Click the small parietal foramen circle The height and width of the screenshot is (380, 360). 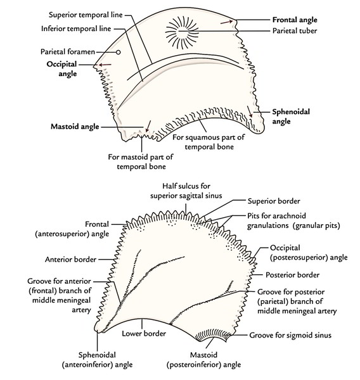[x=118, y=52]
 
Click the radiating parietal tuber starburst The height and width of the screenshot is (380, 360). [x=182, y=32]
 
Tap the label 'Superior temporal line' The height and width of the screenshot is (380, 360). [x=86, y=15]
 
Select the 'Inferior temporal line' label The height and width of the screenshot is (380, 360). [x=76, y=28]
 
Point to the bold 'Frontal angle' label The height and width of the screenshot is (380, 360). [x=295, y=20]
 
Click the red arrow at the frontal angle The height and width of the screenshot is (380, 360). [x=226, y=22]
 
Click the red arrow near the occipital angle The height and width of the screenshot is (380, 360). [x=105, y=65]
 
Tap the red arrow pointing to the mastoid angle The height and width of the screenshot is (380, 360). [x=148, y=126]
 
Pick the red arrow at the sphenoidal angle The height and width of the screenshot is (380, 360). [x=250, y=111]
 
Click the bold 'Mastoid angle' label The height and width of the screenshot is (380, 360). [x=75, y=127]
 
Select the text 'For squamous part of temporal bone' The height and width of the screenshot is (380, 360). [x=209, y=142]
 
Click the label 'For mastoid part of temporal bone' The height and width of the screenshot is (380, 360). [x=141, y=161]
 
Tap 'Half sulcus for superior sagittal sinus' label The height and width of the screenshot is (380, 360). [x=186, y=191]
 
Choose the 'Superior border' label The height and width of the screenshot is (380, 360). [x=274, y=201]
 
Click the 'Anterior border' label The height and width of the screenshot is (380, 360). [x=70, y=260]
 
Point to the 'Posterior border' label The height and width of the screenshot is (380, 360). [x=292, y=275]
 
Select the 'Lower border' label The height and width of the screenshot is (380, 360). [x=144, y=334]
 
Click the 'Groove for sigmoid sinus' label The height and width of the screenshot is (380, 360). [x=290, y=335]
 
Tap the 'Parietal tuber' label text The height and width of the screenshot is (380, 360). [x=295, y=31]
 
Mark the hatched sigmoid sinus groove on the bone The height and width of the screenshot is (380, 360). [x=214, y=334]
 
